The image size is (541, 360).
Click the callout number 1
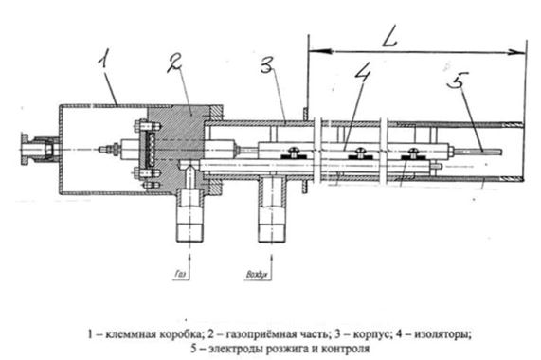(103, 59)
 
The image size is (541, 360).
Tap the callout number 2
(174, 63)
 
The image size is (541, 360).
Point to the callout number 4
(363, 72)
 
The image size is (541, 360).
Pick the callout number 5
(458, 81)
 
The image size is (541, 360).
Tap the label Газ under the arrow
(180, 274)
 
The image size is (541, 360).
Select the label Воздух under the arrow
(257, 275)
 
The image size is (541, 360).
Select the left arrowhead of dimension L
(319, 51)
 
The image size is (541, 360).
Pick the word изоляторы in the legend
(442, 334)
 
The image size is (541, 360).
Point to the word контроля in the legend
(346, 349)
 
